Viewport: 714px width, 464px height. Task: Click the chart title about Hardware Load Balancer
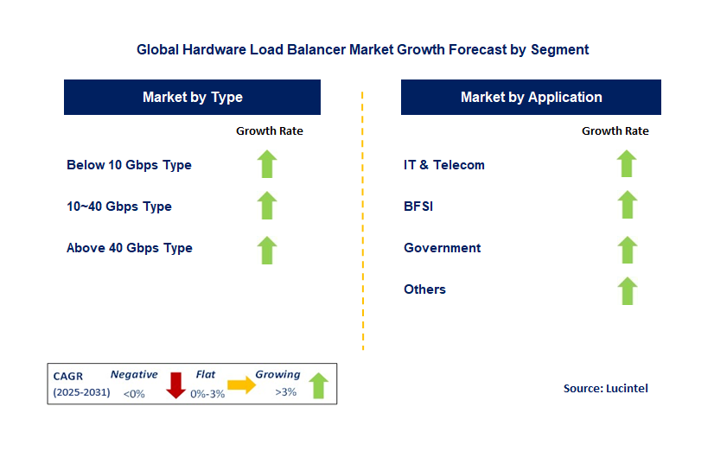tap(362, 49)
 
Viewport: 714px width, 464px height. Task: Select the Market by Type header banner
tap(192, 98)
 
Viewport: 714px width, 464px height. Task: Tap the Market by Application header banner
tap(531, 98)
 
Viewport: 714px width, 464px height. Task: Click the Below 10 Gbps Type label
tap(129, 165)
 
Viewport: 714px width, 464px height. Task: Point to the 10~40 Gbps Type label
tap(119, 207)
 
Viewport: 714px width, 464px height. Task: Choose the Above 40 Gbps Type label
tap(130, 248)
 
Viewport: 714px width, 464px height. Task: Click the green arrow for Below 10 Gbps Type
tap(267, 164)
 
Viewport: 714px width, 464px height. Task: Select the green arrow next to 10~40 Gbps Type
tap(267, 206)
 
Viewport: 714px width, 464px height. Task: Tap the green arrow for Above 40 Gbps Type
tap(267, 249)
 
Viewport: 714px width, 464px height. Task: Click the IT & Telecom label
tap(444, 165)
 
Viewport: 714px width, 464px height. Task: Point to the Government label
tap(443, 248)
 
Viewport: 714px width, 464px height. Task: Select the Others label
tap(424, 289)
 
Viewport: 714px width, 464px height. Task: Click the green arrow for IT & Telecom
tap(627, 164)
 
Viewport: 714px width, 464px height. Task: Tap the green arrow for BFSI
tap(627, 206)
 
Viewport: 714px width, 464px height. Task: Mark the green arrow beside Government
tap(627, 249)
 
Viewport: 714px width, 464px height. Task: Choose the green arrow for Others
tap(627, 290)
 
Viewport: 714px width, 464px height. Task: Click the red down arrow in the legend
tap(176, 385)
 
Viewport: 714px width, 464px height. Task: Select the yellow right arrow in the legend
tap(242, 385)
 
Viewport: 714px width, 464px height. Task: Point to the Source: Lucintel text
tap(605, 389)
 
